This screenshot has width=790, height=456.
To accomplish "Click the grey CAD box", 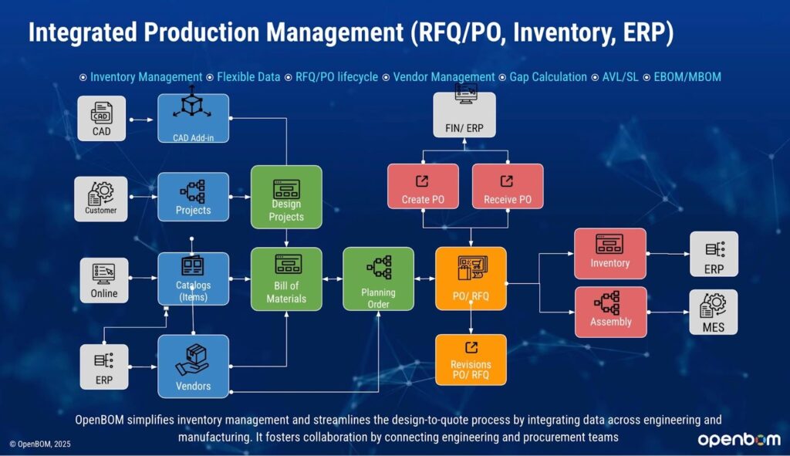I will coord(101,118).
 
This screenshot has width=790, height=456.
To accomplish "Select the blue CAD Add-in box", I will coord(193,118).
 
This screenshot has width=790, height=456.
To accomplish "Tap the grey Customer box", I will coord(101,197).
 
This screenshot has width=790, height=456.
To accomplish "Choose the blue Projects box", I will coord(193,197).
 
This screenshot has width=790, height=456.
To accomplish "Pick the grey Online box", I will coord(104,279).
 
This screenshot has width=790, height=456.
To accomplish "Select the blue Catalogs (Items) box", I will coord(193,279).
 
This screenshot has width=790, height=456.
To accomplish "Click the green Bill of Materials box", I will coord(286,279).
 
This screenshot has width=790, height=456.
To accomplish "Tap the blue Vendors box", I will coord(193,366).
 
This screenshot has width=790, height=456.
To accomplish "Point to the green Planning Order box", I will coord(378,279).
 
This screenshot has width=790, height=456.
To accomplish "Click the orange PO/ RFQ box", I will coord(471,279).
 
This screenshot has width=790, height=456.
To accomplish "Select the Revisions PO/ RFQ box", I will coord(471,360).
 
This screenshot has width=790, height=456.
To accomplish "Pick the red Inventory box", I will coord(610,253).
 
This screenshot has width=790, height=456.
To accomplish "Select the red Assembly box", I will coord(610,312).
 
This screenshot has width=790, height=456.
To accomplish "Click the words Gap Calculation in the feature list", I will coord(543,77).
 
